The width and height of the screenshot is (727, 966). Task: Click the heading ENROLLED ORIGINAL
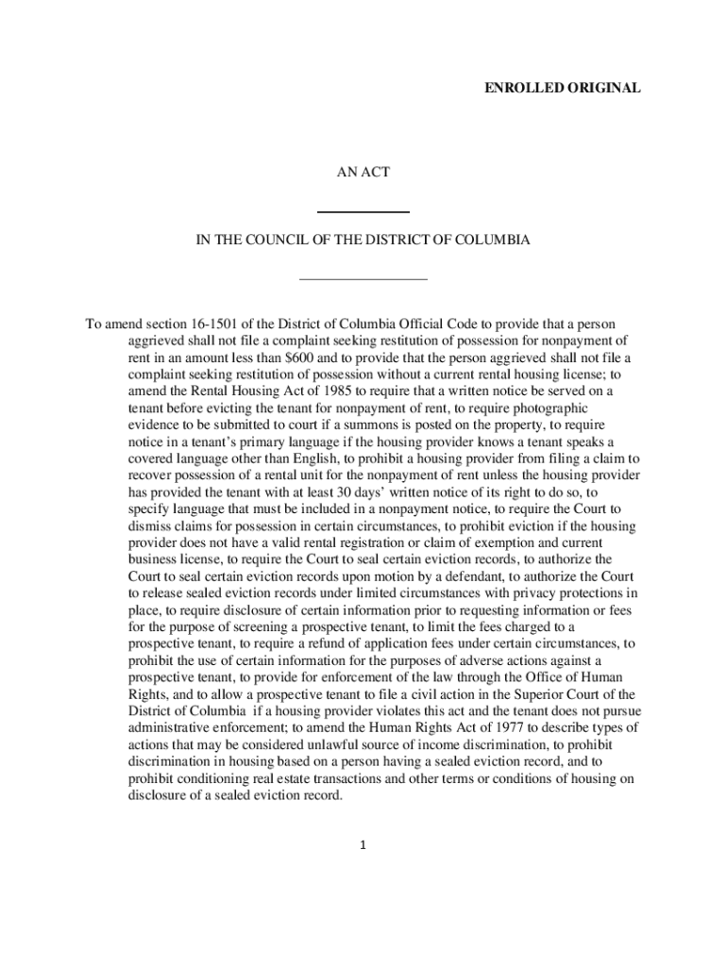click(563, 88)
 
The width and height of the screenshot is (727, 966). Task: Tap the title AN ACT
click(363, 173)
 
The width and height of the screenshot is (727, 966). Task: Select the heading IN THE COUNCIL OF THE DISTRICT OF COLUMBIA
click(363, 241)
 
